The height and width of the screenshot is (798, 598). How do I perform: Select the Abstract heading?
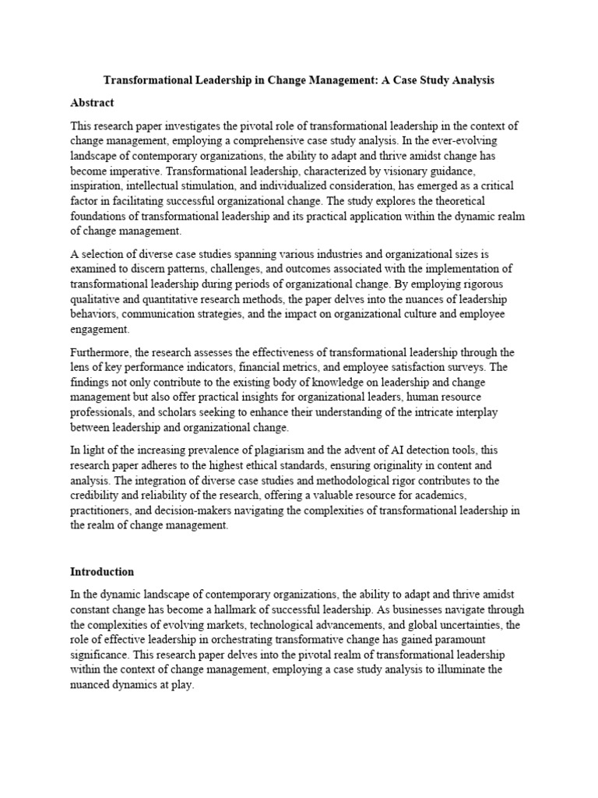tap(92, 102)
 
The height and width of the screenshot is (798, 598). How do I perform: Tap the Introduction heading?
tap(102, 571)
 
